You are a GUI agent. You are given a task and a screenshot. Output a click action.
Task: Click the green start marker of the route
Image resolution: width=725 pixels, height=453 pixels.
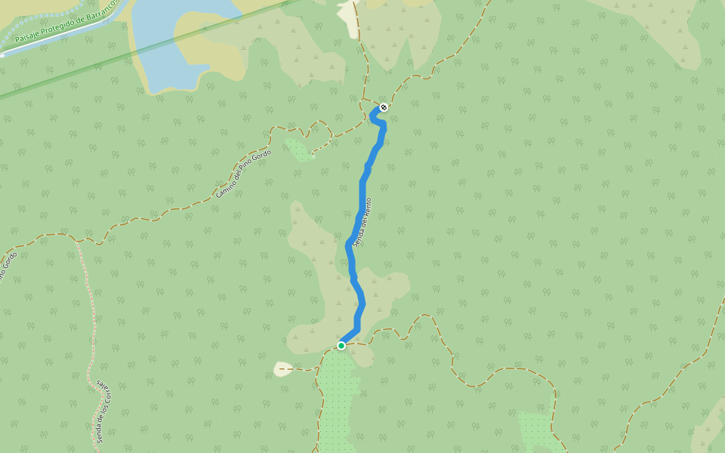[x=341, y=346]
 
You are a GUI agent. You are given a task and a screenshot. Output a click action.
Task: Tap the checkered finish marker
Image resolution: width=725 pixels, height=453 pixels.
[x=384, y=107]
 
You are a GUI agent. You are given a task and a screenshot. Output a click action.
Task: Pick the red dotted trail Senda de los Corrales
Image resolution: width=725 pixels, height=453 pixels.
[x=90, y=317]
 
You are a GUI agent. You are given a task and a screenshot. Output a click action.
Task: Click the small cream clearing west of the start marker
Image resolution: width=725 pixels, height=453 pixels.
[x=282, y=369]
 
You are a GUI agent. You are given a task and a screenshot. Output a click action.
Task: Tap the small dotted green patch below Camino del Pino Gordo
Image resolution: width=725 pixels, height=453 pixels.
[x=300, y=149]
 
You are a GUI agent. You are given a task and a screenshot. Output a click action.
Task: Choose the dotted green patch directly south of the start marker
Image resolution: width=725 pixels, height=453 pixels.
[x=338, y=400]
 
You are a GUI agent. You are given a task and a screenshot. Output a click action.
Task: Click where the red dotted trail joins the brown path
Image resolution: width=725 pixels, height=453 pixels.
[x=76, y=240]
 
